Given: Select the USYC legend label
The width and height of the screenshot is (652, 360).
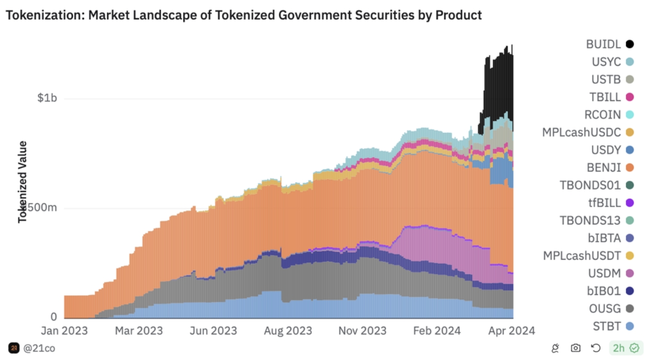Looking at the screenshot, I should click(606, 62).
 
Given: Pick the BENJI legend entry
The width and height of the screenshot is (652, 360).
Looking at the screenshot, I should click(603, 168).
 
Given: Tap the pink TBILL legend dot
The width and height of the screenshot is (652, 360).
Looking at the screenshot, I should click(630, 97).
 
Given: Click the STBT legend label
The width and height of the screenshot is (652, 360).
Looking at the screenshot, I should click(606, 326).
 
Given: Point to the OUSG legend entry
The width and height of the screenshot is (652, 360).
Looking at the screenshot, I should click(605, 309).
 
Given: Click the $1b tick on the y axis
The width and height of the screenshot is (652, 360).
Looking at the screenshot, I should click(47, 98).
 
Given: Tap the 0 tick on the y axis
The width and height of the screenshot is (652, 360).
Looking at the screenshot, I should click(53, 317).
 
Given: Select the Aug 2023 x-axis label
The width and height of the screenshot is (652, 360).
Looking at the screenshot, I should click(288, 331).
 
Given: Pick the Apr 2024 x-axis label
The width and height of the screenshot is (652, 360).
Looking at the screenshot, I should click(511, 331).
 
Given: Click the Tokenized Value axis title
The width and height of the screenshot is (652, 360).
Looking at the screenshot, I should click(22, 181).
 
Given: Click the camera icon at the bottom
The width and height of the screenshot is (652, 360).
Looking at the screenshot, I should click(576, 348).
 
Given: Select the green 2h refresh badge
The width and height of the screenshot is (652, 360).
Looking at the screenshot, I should click(625, 348).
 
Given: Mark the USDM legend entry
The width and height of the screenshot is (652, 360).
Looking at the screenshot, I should click(604, 273).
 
